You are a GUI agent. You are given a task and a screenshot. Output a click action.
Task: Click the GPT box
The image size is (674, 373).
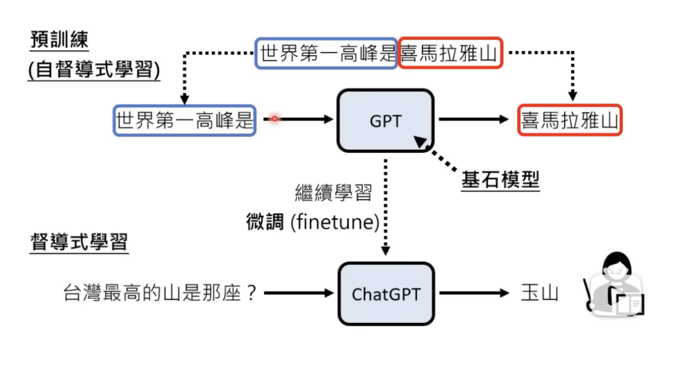pyautogui.click(x=385, y=120)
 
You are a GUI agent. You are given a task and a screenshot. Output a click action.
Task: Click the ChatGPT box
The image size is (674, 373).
pyautogui.click(x=386, y=293)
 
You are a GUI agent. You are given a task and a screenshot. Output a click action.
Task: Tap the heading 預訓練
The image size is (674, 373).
pyautogui.click(x=59, y=40)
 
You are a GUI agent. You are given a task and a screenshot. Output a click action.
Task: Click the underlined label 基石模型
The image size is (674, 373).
pyautogui.click(x=500, y=181)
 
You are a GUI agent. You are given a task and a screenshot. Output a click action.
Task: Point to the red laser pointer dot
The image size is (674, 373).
pyautogui.click(x=274, y=119)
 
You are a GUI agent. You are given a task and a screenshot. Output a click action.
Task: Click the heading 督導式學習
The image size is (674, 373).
pyautogui.click(x=80, y=242)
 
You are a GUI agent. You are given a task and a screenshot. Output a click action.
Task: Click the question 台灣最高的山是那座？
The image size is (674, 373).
pyautogui.click(x=160, y=293)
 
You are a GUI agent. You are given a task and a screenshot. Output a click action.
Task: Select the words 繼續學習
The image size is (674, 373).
pyautogui.click(x=333, y=193)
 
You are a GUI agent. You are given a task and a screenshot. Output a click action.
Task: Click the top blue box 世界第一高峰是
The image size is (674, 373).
pyautogui.click(x=326, y=53)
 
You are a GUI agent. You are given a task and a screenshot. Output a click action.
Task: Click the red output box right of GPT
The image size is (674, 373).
pyautogui.click(x=569, y=120)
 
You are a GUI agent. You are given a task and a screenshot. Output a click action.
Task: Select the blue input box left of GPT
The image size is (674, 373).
pyautogui.click(x=185, y=120)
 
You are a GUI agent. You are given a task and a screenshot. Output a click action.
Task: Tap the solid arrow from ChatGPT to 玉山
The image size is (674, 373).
pyautogui.click(x=473, y=293)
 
